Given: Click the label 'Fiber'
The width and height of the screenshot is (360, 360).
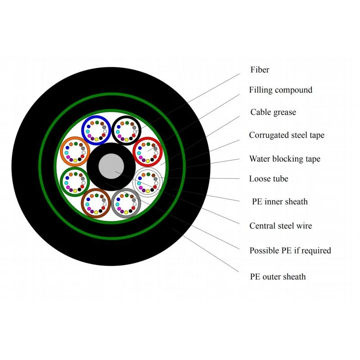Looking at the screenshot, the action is (260, 70).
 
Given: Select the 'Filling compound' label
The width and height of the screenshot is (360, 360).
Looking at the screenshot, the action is (280, 90).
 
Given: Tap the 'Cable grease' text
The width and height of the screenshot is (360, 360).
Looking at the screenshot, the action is (273, 112).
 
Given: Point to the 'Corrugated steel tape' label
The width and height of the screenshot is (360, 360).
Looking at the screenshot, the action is (287, 135).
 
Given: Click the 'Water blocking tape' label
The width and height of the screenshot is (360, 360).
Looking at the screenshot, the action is (285, 159).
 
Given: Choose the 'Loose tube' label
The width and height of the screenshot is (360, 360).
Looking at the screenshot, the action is (269, 179).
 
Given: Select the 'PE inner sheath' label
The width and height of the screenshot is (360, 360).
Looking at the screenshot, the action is (279, 202).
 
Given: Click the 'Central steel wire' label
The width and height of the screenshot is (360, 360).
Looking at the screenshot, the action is (280, 226).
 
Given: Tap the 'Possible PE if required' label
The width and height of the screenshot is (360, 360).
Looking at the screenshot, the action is (290, 251).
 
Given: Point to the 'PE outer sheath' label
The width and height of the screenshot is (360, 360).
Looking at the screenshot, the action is (278, 277).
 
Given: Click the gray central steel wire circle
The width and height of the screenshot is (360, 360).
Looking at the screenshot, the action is (111, 166).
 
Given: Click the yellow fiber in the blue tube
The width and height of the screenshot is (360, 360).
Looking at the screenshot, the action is (96, 139).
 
